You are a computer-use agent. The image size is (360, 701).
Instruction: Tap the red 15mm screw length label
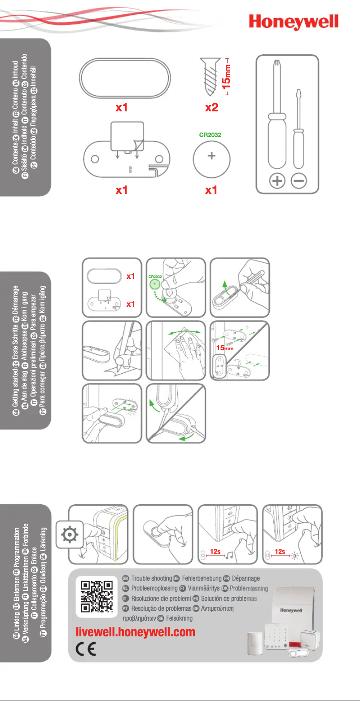[228, 77]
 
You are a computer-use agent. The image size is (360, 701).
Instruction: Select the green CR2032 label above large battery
[211, 134]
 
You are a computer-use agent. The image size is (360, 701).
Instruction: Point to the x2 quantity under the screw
[211, 108]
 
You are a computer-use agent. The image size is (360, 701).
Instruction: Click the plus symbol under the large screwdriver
[278, 181]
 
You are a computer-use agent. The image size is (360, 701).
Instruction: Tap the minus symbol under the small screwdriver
[299, 181]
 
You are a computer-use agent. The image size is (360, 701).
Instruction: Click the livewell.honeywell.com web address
[136, 632]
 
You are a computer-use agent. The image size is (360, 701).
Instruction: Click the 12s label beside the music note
[215, 552]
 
